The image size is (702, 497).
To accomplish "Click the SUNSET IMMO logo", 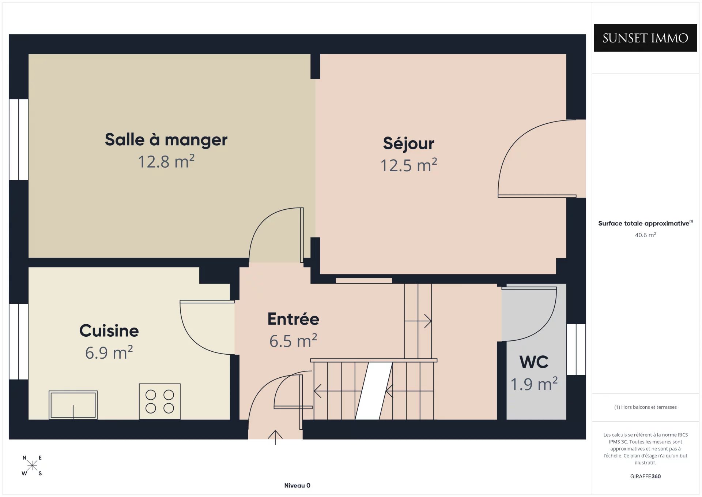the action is [x=645, y=38].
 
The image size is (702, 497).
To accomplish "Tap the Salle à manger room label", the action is [x=166, y=139].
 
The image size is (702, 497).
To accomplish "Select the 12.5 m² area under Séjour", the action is [x=408, y=165].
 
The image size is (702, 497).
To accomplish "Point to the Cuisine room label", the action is [x=109, y=330].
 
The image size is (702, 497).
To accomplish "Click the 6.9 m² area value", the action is [x=109, y=352].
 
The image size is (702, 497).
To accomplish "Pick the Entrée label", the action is [x=293, y=319].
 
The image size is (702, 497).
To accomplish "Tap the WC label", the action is [x=534, y=362].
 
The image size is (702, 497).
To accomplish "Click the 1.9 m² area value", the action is [x=534, y=384].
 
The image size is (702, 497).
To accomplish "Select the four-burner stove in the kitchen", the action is [x=160, y=401].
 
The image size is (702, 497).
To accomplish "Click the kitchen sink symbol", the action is [x=73, y=405].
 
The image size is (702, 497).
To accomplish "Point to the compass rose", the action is [x=32, y=465].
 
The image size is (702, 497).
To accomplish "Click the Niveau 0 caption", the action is [x=297, y=485].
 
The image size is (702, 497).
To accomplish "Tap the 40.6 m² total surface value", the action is [x=645, y=235].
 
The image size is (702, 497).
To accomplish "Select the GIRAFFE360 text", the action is [x=645, y=476].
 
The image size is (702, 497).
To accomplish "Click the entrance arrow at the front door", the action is [x=275, y=437].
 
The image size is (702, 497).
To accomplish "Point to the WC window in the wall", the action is [x=576, y=349].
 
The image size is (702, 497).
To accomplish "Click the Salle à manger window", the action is [x=19, y=139].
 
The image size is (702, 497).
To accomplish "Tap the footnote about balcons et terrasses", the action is [x=645, y=407].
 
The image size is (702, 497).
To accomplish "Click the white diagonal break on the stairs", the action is [x=374, y=391].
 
